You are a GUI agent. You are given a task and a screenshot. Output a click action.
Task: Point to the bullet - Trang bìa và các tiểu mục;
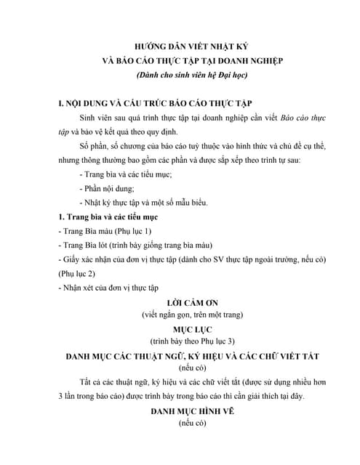pyautogui.click(x=124, y=174)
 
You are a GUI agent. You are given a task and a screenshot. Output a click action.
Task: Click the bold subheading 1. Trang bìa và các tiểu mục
pyautogui.click(x=113, y=217)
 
